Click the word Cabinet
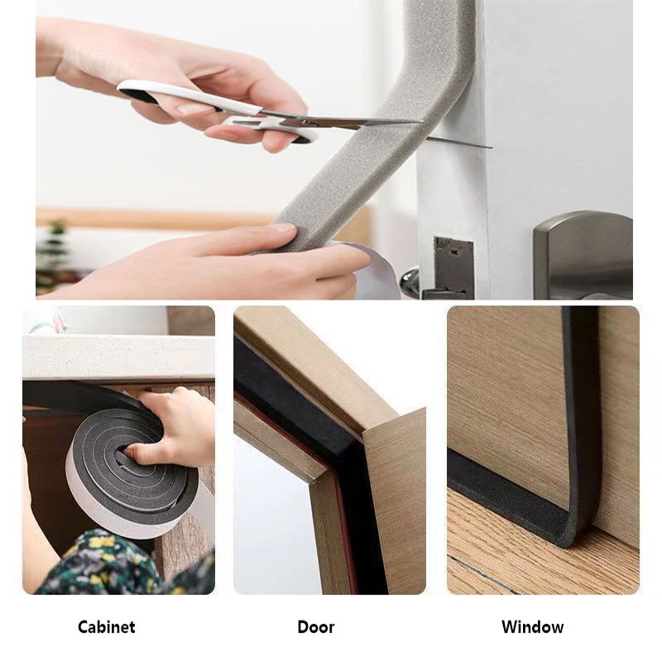click(x=106, y=627)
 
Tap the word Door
click(x=316, y=627)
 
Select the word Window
click(x=532, y=627)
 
